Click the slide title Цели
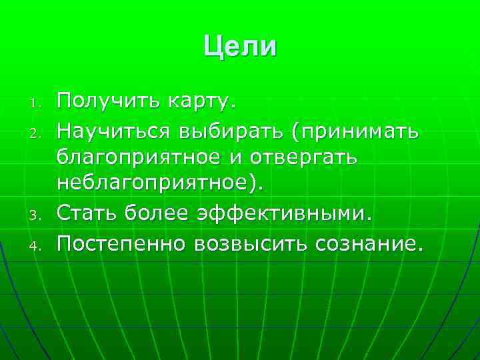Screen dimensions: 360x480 click(239, 47)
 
